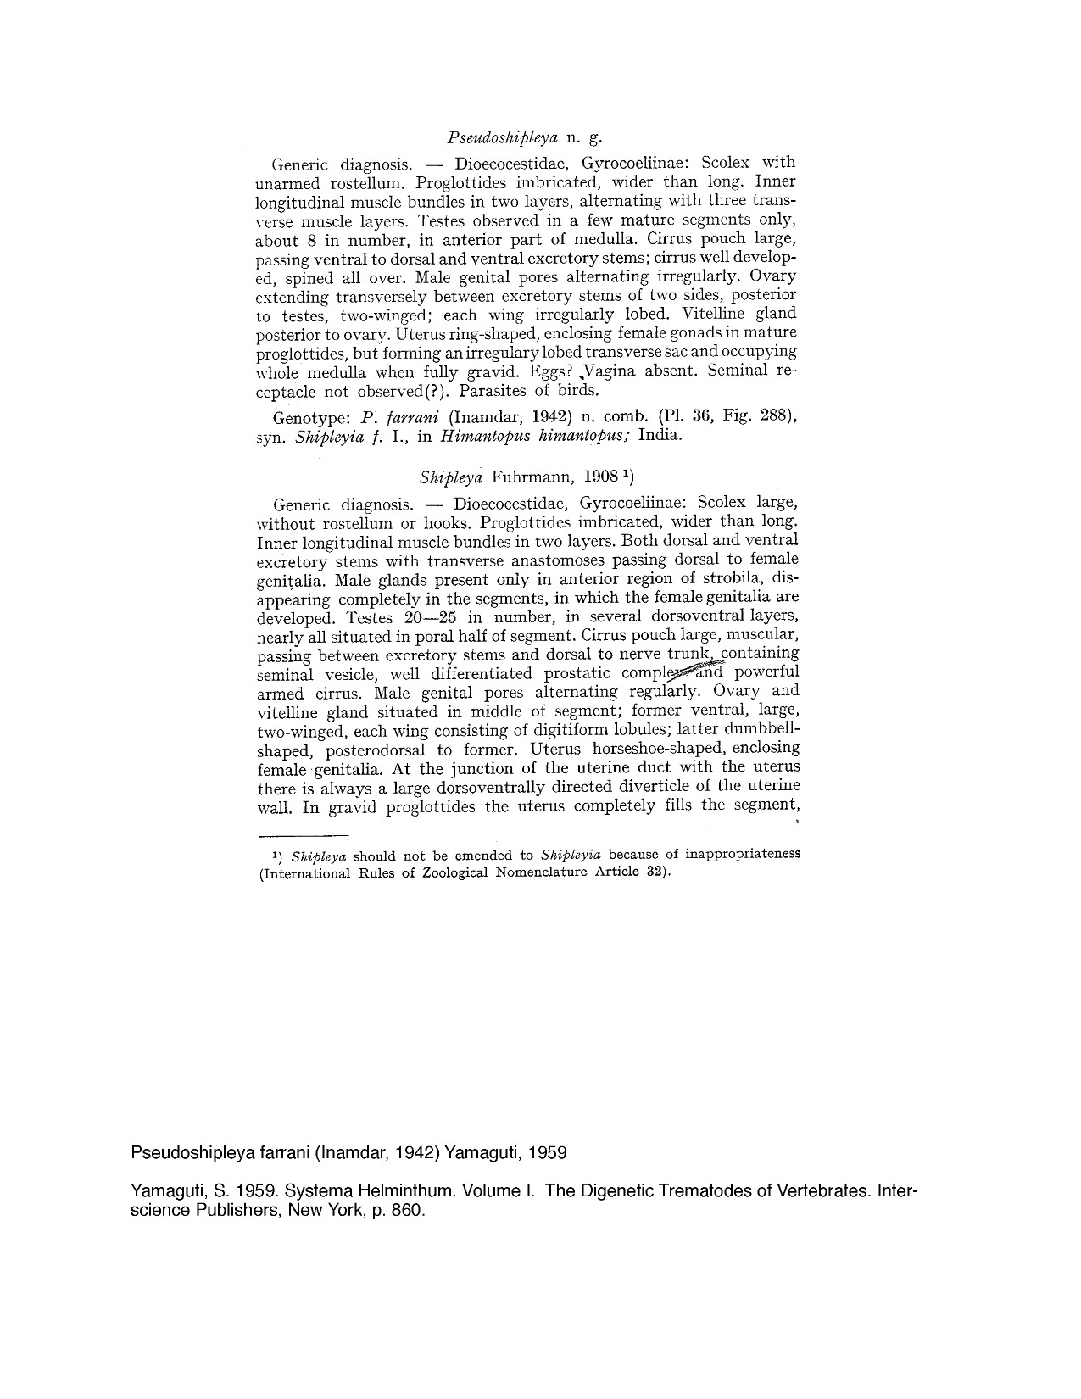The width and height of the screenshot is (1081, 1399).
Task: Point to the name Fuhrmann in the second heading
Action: [x=551, y=477]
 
